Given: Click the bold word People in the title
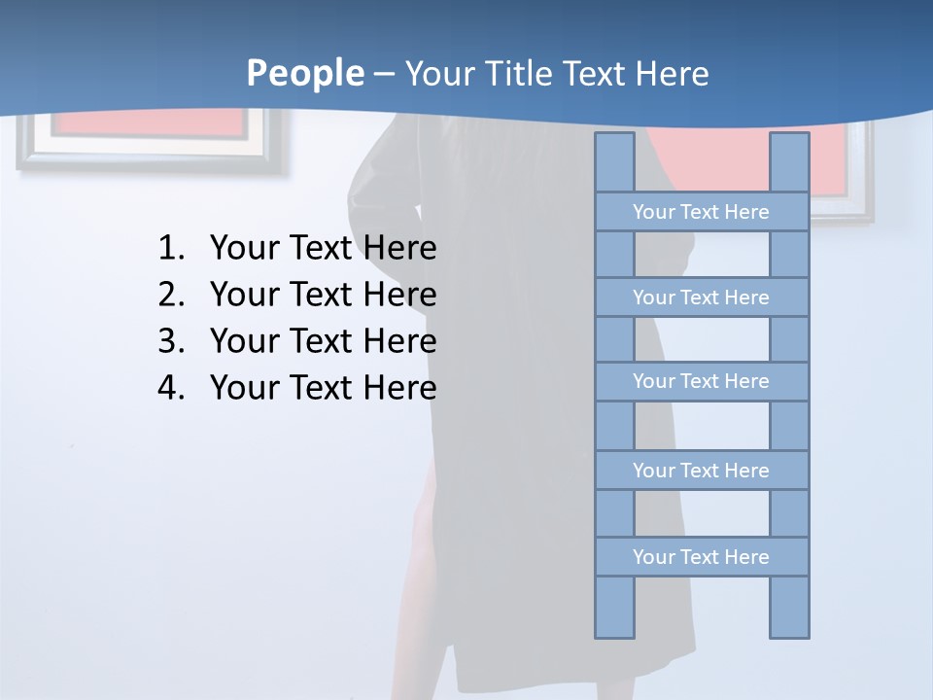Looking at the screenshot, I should pos(305,74).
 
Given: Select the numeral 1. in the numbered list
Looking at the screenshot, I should pos(171,248).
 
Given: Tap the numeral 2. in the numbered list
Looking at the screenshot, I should pos(171,295).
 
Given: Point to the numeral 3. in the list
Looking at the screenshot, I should pos(171,341).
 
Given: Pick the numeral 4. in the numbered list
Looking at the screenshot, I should pos(171,388).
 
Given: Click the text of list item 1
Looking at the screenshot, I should pos(323,248).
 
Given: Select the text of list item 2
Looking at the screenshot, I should pos(323,295).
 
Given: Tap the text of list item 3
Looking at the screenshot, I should pos(323,341).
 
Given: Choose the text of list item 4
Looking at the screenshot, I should pos(323,388).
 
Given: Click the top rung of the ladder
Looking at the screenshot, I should pos(701,212).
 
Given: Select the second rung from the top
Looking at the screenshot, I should pos(701,297).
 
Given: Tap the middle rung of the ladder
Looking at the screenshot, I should pos(701,381).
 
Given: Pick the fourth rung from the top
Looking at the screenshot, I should pos(701,471).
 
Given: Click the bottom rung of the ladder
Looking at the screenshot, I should pos(701,557).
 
